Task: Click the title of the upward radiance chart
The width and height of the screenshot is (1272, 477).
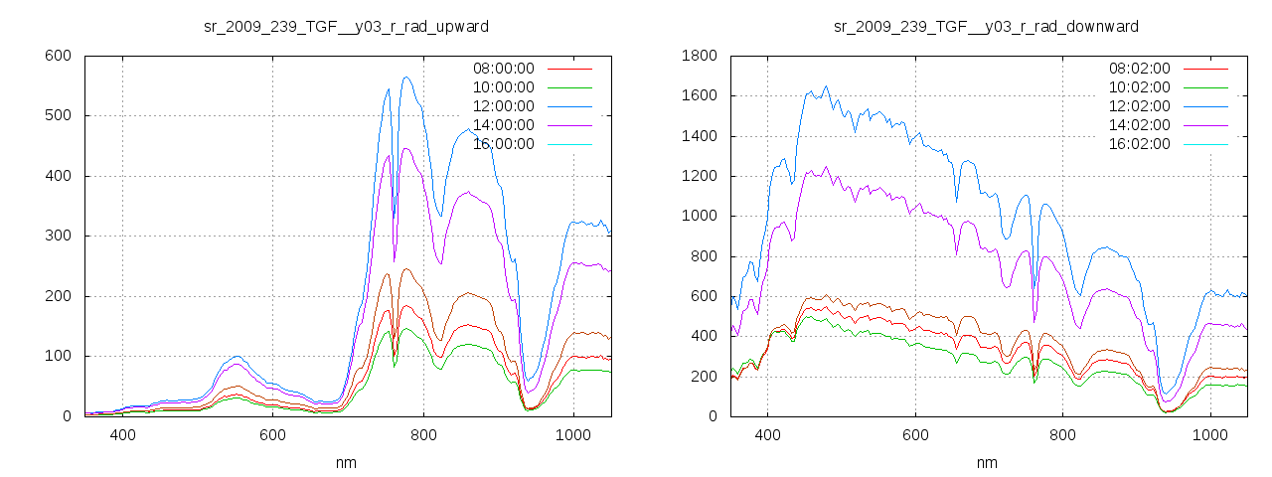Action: pyautogui.click(x=345, y=26)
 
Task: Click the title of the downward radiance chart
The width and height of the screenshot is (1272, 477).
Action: pyautogui.click(x=986, y=26)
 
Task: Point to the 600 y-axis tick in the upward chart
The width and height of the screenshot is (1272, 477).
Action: pyautogui.click(x=59, y=56)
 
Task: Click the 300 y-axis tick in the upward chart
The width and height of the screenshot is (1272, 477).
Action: pyautogui.click(x=59, y=237)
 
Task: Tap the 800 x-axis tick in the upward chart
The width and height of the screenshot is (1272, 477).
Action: pyautogui.click(x=423, y=435)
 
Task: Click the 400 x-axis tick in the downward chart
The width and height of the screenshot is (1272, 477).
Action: pyautogui.click(x=767, y=435)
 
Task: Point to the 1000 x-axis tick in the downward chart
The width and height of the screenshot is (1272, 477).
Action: pyautogui.click(x=1210, y=435)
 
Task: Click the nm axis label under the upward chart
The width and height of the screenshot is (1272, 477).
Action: pyautogui.click(x=345, y=462)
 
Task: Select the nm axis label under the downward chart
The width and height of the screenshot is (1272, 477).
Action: pyautogui.click(x=986, y=462)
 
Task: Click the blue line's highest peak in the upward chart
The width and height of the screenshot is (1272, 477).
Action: pyautogui.click(x=405, y=77)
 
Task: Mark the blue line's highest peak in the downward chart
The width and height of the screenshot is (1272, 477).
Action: pyautogui.click(x=826, y=86)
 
